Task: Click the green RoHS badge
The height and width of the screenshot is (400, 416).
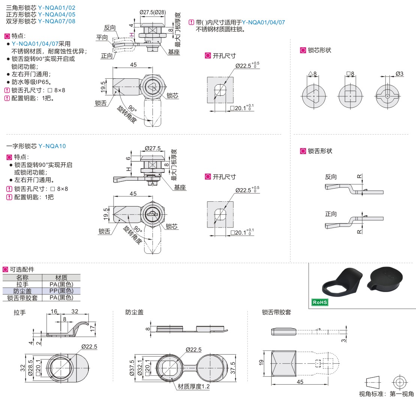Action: (320, 302)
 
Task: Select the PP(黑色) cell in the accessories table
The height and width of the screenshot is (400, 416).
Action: (61, 291)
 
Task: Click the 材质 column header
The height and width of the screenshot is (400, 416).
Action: (61, 278)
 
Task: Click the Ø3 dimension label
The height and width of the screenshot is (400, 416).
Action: (400, 74)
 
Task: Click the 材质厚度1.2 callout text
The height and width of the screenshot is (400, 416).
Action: (194, 387)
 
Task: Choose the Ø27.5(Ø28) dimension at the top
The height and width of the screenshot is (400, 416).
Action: (153, 12)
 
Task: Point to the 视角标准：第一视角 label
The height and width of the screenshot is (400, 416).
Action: (386, 394)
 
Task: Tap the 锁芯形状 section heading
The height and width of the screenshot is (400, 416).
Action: (319, 50)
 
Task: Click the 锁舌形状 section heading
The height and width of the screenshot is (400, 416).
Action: (320, 151)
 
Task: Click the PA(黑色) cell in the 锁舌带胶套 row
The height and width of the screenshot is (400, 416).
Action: (61, 298)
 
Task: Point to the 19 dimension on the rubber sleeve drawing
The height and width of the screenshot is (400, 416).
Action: (262, 363)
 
